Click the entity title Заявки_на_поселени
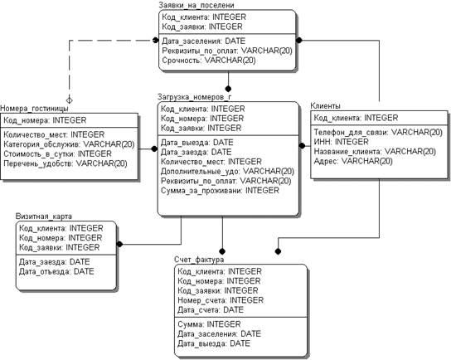click(196, 5)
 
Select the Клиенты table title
click(325, 106)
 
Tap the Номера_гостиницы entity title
click(34, 109)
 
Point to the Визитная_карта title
click(44, 216)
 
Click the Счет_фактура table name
click(199, 260)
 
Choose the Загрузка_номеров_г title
click(195, 97)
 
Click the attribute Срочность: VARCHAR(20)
click(209, 61)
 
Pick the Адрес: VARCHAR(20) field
click(353, 161)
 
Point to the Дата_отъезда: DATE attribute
click(56, 271)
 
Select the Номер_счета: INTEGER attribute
click(221, 300)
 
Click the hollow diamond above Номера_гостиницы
click(70, 100)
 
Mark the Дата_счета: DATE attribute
click(211, 310)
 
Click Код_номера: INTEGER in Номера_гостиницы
click(45, 120)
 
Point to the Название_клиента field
click(375, 151)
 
